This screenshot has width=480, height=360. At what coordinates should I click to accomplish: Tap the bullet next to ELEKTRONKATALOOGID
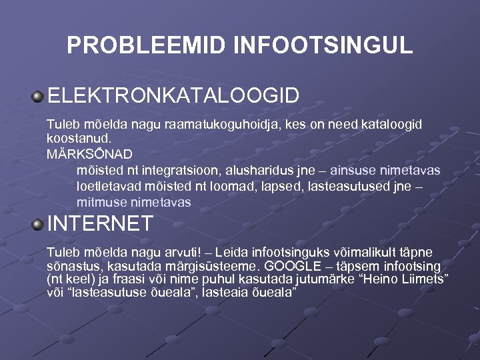pyautogui.click(x=38, y=97)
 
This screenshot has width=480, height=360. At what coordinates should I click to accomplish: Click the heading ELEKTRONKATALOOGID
pyautogui.click(x=173, y=95)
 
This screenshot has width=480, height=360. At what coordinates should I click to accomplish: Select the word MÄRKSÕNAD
pyautogui.click(x=81, y=154)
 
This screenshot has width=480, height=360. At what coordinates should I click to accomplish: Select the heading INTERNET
pyautogui.click(x=100, y=223)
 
